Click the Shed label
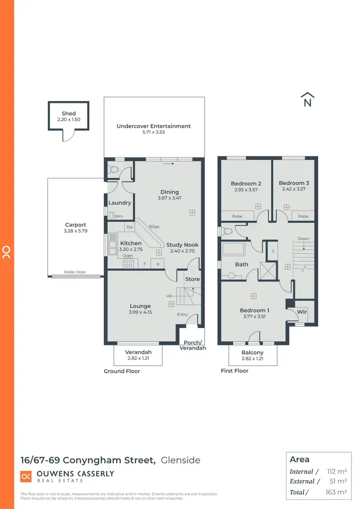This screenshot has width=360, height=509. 69,114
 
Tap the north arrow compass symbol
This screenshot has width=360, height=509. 307,99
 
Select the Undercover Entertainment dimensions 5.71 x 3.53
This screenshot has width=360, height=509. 154,132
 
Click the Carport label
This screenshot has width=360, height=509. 76,225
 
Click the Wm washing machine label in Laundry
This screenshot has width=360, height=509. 119,216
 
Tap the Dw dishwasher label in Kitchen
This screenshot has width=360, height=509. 130,227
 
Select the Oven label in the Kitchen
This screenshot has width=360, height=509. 128,256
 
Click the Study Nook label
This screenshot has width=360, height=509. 182,245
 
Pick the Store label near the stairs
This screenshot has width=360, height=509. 192,279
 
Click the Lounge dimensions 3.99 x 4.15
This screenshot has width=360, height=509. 140,312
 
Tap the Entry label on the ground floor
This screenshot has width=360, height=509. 182,314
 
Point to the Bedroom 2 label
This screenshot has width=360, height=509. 246,183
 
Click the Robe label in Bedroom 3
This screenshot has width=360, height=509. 303,216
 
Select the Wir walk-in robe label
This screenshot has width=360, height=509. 302,312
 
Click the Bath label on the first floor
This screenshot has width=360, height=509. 241,264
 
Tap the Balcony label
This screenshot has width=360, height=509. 252,353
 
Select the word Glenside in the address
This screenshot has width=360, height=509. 180,461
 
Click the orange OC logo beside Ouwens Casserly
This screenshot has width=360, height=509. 26,476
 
